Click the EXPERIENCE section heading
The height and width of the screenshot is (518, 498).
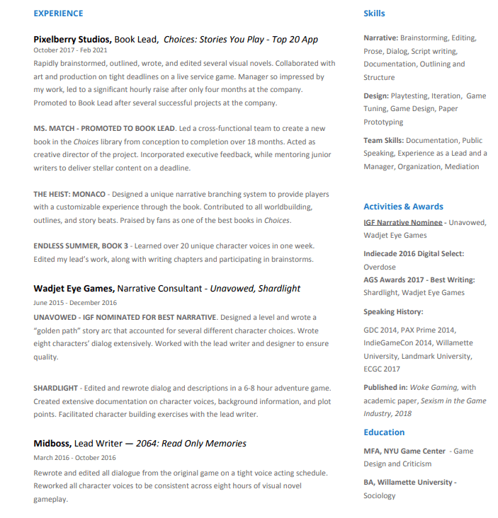[x=58, y=13]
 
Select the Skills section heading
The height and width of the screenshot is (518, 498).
[x=374, y=13]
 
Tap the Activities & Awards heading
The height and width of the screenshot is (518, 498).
[x=403, y=207]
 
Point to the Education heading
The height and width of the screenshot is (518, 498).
[x=384, y=432]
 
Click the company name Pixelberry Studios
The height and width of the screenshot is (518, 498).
[x=72, y=40]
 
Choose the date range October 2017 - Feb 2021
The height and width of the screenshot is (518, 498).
[x=70, y=50]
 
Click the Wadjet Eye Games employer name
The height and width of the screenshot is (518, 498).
[x=74, y=289]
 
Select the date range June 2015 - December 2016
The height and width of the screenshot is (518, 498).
[x=75, y=302]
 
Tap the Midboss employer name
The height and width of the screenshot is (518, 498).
[x=52, y=444]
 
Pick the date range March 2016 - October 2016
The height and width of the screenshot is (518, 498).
[x=74, y=457]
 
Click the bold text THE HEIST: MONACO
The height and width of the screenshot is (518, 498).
[x=69, y=194]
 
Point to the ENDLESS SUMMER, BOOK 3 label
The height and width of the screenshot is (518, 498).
[x=81, y=246]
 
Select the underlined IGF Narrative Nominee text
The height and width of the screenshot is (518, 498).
[x=403, y=222]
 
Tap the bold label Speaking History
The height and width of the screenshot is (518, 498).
[x=393, y=311]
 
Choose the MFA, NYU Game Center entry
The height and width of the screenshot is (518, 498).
[x=404, y=451]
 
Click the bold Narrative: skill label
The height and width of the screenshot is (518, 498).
[x=380, y=38]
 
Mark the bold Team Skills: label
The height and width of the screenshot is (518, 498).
[x=383, y=140]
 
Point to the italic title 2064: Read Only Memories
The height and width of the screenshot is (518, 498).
[x=204, y=444]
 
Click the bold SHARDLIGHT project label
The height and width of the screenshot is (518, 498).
[x=56, y=388]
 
